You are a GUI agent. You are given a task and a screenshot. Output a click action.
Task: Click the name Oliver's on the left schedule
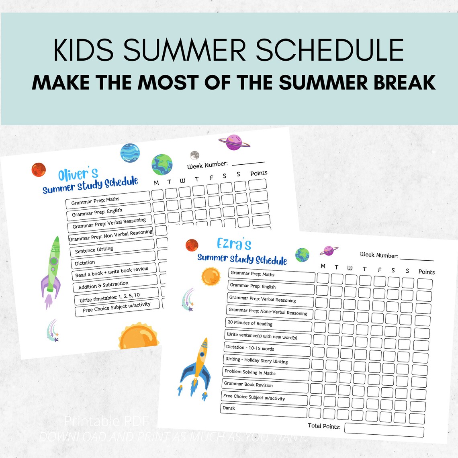coord(78,174)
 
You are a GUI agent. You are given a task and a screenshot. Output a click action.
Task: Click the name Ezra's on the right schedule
coord(234,243)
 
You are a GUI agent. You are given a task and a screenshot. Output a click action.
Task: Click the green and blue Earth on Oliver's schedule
coord(162,165)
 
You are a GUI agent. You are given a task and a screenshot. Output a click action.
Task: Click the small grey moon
coord(194,155)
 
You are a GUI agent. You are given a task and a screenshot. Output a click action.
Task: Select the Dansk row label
coord(229,408)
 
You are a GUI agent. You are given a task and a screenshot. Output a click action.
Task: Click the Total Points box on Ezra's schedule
coord(384,430)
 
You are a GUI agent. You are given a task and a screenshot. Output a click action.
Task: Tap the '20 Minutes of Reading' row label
coord(250,323)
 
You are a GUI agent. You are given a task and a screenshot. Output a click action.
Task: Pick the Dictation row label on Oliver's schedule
coord(85,263)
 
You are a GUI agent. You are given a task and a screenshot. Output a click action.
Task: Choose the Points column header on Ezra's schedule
coord(426,272)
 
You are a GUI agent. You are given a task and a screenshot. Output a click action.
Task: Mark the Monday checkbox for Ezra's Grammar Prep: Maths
coord(323,278)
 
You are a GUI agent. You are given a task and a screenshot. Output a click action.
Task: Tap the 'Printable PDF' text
coord(106,421)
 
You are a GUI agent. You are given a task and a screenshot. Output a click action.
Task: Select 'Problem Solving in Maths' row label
coord(250,372)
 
